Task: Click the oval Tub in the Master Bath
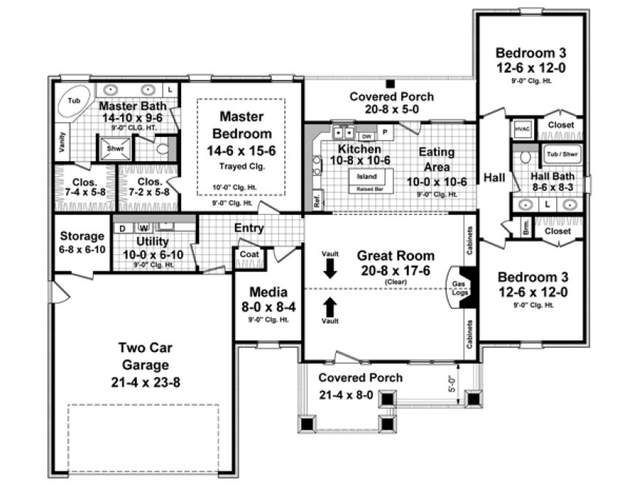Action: click(74, 99)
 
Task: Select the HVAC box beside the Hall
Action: click(522, 127)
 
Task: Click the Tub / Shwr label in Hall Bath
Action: click(561, 155)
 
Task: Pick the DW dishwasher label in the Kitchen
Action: click(365, 136)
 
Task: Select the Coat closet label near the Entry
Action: click(247, 256)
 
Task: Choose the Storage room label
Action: click(82, 236)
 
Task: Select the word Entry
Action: click(249, 228)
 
